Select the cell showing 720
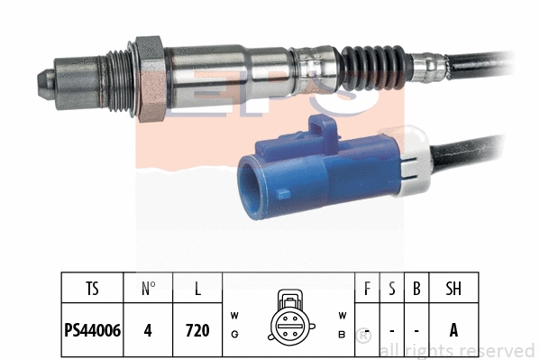[x=197, y=330]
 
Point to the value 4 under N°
[x=148, y=330]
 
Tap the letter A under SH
[x=453, y=330]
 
